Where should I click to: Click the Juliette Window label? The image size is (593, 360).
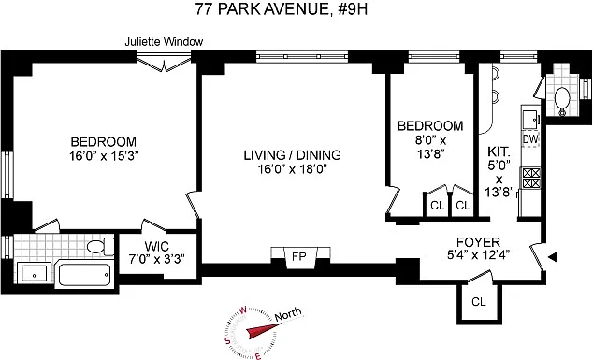tap(164, 41)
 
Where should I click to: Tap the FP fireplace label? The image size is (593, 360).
tap(298, 257)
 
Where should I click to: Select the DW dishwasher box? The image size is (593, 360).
tap(530, 139)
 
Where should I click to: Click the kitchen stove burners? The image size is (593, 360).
tap(531, 178)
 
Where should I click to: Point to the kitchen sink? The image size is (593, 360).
tap(531, 120)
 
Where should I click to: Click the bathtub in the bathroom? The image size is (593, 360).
tap(85, 275)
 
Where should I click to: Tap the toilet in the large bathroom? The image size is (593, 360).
tap(100, 247)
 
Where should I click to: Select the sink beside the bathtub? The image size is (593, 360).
tap(34, 273)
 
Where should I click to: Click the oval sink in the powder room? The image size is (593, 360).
tap(562, 100)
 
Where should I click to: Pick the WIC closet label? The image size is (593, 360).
tap(157, 247)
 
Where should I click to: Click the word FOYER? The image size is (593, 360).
tap(478, 242)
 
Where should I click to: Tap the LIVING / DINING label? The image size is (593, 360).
tap(292, 155)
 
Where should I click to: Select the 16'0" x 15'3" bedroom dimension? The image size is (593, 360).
tap(105, 156)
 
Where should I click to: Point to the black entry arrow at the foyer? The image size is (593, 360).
tap(553, 257)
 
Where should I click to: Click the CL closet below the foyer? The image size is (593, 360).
tap(478, 302)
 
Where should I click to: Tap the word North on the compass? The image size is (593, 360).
tap(288, 314)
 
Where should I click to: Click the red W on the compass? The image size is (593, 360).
tap(242, 310)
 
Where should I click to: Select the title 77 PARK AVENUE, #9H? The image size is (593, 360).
tap(282, 8)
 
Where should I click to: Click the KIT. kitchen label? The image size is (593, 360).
tap(499, 152)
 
